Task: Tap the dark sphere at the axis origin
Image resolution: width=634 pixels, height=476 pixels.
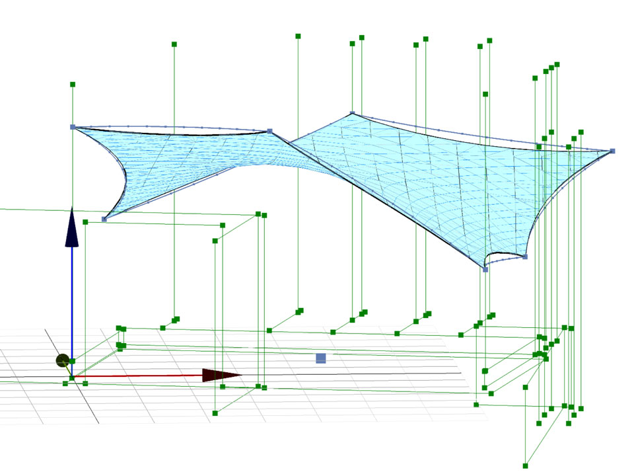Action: tap(63, 361)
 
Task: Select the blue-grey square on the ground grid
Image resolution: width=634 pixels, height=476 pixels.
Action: tap(321, 358)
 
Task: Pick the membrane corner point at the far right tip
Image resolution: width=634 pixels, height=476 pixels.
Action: tap(612, 151)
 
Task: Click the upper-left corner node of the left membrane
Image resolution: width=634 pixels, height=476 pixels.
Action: tap(73, 127)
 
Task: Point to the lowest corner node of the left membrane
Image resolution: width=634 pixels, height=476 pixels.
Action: tap(104, 219)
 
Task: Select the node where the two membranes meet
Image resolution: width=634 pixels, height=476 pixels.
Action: tap(269, 132)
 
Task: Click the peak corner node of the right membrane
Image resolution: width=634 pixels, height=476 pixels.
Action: tap(352, 114)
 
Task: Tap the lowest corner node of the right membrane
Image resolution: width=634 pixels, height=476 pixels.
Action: tap(485, 269)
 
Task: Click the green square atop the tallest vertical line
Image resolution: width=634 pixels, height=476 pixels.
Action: tap(298, 36)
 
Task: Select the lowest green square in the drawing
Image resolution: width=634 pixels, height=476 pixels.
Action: tap(526, 465)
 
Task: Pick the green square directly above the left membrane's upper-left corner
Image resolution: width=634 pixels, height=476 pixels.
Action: tap(72, 85)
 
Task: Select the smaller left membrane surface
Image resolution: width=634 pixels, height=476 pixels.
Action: tap(172, 159)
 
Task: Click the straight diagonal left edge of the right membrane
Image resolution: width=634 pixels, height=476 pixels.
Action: tap(383, 198)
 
